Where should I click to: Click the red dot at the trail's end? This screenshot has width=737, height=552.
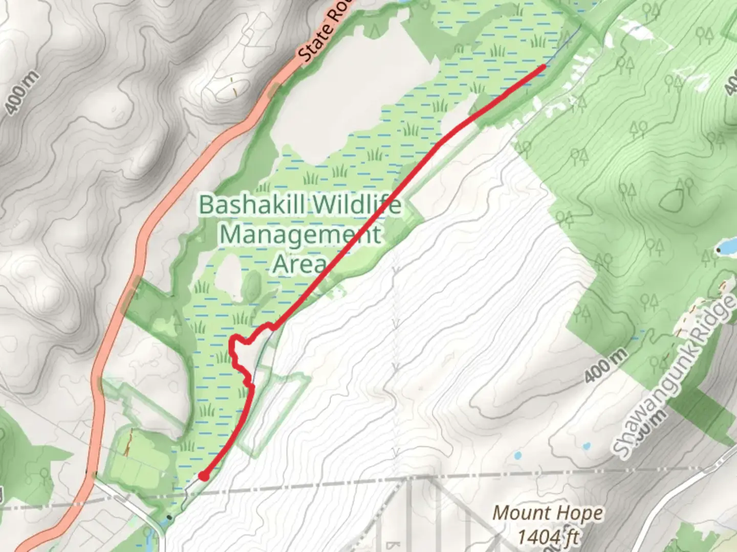(x=204, y=476)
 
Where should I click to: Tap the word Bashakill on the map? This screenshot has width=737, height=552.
(x=252, y=205)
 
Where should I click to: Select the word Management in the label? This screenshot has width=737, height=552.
(x=300, y=235)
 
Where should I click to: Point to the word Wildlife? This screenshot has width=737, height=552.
(x=357, y=205)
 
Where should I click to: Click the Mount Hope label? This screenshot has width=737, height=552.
(x=548, y=513)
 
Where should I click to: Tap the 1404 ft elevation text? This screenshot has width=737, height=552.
(x=548, y=537)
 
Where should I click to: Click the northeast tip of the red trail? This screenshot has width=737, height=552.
(x=543, y=66)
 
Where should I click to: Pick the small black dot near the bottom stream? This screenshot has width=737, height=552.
(x=169, y=518)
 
